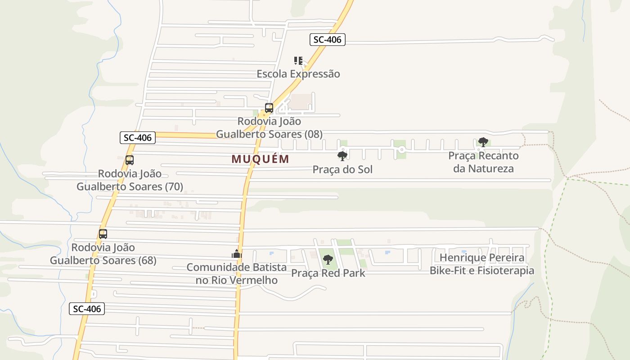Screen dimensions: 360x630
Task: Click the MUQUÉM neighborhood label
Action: point(261,159)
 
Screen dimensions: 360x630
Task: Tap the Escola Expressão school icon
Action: point(298,60)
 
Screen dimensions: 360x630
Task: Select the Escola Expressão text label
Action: point(298,74)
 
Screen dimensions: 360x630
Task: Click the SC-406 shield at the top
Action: point(328,40)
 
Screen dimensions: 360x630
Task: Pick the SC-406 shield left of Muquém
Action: point(138,138)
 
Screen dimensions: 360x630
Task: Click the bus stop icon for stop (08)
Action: point(269,108)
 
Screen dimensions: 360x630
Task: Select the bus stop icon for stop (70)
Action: point(130,160)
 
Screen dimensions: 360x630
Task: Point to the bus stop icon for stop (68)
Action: point(103,234)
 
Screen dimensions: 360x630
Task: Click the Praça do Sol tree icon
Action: point(342,156)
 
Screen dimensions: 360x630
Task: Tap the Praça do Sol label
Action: point(342,170)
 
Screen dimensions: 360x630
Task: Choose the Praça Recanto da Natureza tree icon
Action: point(483,142)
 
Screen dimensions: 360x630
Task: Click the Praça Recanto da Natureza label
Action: point(483,162)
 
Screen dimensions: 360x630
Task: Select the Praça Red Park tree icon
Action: point(328,260)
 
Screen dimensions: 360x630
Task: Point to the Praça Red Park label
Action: point(328,273)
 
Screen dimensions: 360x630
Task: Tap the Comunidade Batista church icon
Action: point(237,254)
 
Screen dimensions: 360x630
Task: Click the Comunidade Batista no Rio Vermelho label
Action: point(237,274)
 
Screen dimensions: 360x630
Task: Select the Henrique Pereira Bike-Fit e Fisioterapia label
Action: point(482,264)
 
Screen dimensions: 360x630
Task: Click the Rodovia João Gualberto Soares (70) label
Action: point(130,180)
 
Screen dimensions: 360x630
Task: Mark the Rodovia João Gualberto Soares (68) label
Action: point(103,254)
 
